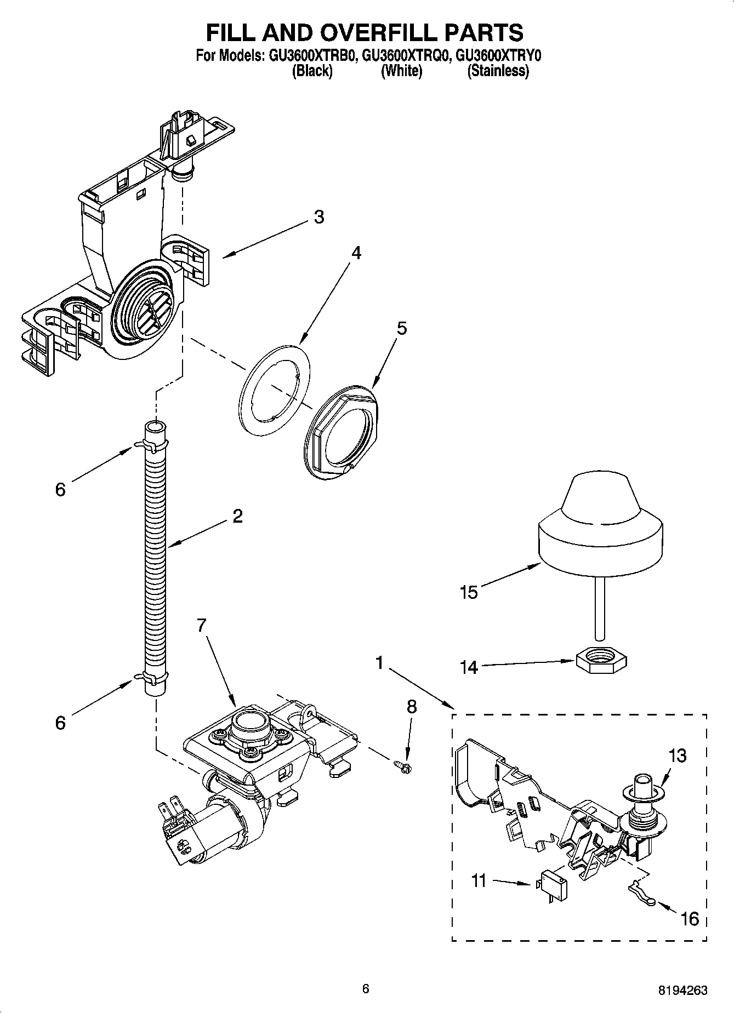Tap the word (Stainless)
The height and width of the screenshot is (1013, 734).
click(498, 71)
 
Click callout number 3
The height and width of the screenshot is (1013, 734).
click(318, 217)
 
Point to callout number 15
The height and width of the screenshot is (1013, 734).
click(469, 592)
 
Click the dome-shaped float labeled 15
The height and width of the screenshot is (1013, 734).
click(601, 526)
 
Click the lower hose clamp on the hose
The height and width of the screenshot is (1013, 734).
click(152, 679)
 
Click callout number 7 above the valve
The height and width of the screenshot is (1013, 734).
click(202, 625)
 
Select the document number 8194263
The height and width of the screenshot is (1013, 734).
click(682, 990)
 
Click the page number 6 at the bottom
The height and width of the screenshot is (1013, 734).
click(366, 989)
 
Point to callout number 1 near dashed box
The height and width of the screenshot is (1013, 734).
click(379, 663)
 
